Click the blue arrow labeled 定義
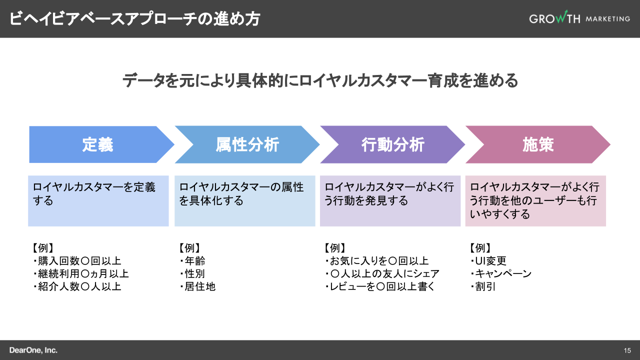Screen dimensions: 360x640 coord(98,144)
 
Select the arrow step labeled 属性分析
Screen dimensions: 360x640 coord(247,144)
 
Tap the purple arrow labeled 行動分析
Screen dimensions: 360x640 coord(392,144)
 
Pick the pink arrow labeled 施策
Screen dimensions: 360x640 coord(538,144)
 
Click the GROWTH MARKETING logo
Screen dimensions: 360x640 coord(579,18)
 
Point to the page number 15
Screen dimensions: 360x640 coord(627,350)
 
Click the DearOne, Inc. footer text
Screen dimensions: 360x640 coord(33,350)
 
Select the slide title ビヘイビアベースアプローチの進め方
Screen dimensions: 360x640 coord(134,18)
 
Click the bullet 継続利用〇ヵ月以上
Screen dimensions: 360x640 coord(83,274)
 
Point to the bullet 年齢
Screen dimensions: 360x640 coord(194,261)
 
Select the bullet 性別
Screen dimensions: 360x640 coord(194,274)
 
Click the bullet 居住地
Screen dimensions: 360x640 coord(199,286)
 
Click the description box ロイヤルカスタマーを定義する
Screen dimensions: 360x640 coord(98,200)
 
